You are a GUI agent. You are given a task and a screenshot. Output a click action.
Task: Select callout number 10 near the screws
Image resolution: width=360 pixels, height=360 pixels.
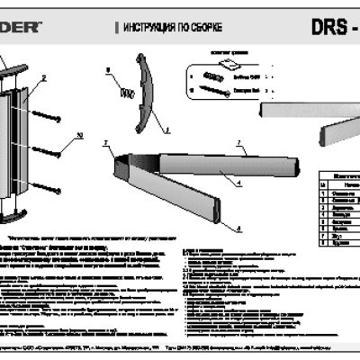pos(78,134)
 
